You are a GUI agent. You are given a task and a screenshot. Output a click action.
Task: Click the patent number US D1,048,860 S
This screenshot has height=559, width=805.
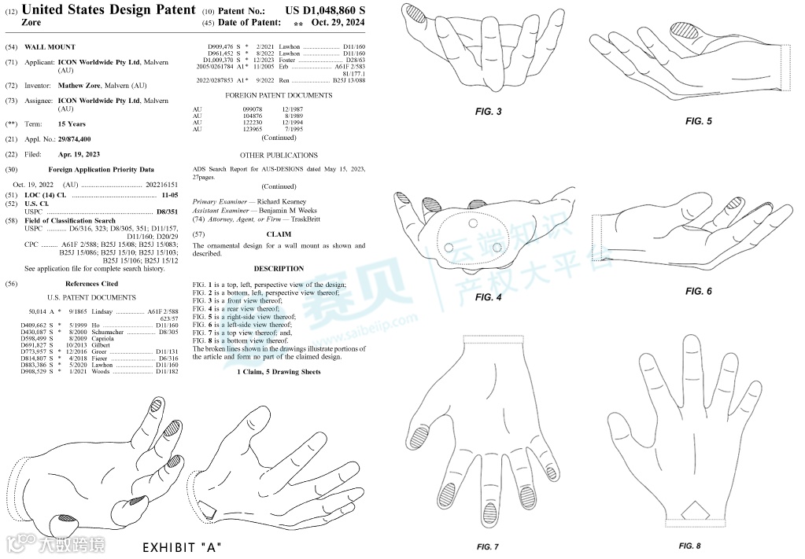(325, 10)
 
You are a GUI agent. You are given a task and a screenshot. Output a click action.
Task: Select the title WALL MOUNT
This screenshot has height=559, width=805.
(50, 47)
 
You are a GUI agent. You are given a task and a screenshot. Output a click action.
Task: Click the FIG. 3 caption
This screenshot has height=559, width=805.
(489, 112)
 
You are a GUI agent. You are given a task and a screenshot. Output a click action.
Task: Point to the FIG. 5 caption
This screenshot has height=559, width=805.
(698, 121)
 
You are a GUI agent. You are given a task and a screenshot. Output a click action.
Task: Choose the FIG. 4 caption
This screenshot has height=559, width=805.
(489, 297)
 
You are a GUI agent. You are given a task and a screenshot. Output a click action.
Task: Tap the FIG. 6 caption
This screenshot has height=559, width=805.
(698, 291)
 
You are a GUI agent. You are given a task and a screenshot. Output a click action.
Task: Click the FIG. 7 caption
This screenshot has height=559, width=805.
(488, 546)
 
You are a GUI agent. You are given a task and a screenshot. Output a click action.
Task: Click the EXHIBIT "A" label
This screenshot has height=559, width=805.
(182, 547)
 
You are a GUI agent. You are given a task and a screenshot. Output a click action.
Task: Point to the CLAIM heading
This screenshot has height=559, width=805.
(279, 234)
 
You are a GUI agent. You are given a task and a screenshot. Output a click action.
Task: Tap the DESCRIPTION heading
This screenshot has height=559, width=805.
(279, 269)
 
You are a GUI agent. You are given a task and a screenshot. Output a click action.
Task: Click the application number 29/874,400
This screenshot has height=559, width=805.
(79, 139)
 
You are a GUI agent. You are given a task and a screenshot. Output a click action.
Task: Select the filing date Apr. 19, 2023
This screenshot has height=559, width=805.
(79, 154)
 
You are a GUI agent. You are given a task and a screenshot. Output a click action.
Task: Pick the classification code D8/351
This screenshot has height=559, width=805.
(168, 211)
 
